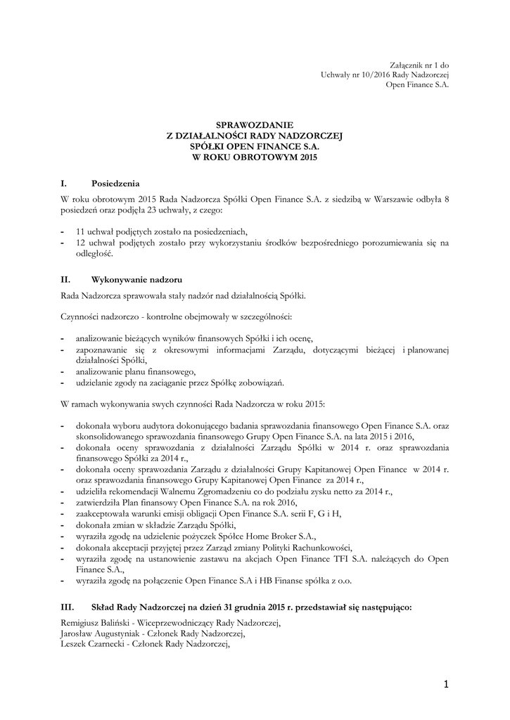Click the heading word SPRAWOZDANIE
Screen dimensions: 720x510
(x=255, y=124)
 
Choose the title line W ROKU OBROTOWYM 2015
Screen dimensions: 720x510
(x=255, y=157)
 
